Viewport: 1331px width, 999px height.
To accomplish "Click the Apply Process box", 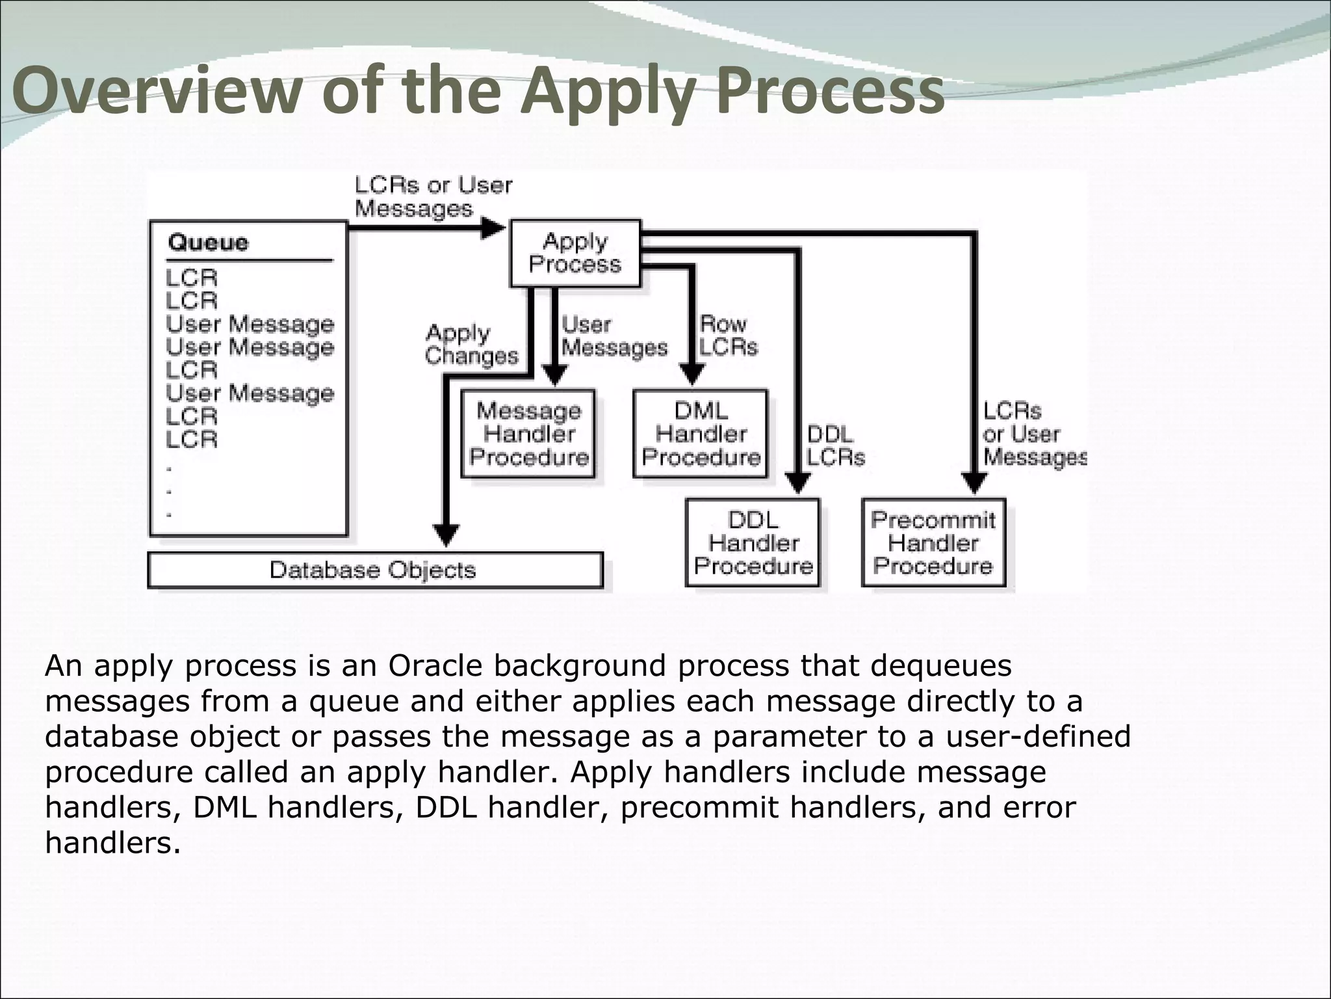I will pos(575,253).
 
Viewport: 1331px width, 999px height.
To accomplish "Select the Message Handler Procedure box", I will pos(528,434).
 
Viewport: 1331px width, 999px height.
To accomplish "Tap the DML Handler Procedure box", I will pos(701,434).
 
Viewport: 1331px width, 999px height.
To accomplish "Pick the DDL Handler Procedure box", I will pos(753,542).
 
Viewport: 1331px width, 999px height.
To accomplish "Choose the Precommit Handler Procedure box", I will pos(933,542).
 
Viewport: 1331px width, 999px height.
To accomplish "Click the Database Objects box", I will pos(375,570).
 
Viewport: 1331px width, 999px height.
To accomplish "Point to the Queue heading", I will pos(208,243).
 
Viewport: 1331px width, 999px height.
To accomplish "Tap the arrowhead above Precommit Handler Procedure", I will pos(974,483).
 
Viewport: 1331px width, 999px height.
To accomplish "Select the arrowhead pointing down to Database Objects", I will pos(446,535).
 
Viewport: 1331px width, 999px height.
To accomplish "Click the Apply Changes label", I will pos(471,345).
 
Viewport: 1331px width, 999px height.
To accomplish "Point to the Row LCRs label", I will pos(728,336).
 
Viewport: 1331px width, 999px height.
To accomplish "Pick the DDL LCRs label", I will pos(835,446).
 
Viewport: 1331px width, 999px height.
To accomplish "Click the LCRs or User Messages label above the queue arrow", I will pos(433,197).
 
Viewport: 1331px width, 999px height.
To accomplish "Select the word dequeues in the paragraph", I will pos(940,665).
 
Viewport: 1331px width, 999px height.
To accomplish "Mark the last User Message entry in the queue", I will pos(250,393).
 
